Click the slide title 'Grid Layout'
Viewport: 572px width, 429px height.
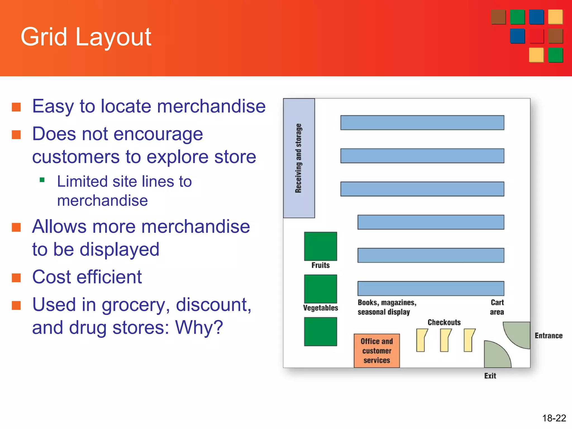(86, 37)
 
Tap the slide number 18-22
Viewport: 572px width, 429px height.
(554, 418)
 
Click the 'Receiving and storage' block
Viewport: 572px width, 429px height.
(299, 158)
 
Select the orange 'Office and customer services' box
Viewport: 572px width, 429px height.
(376, 351)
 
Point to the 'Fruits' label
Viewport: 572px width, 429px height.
(320, 265)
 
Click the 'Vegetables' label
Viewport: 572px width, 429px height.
(320, 308)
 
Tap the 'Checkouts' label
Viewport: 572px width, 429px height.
(444, 322)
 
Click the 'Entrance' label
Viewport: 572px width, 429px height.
(548, 336)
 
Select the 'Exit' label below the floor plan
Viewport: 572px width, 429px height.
(490, 376)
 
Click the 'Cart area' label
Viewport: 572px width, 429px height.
(497, 307)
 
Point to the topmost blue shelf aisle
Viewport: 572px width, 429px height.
(422, 123)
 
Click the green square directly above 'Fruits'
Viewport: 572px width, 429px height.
(320, 246)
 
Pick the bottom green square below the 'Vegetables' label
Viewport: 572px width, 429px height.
(320, 332)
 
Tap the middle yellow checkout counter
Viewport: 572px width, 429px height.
(445, 340)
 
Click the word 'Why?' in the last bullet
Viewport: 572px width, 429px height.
(199, 328)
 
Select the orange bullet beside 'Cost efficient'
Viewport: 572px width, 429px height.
(16, 278)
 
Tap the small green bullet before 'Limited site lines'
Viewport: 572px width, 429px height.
(42, 180)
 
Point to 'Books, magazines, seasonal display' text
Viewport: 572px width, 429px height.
(387, 307)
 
